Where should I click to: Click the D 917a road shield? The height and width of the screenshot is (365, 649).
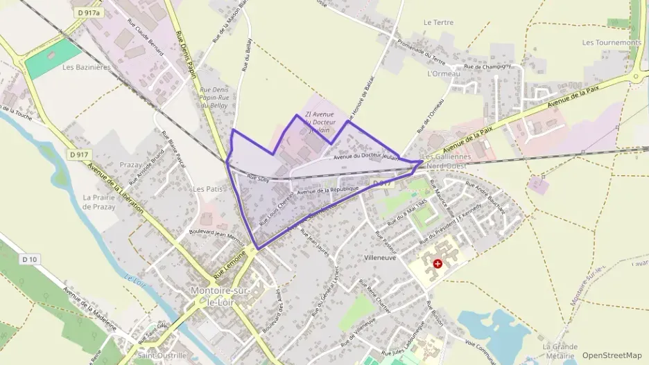(x=89, y=12)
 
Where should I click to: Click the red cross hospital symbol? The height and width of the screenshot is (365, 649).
(x=438, y=264)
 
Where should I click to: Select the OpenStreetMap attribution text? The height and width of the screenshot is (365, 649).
(x=612, y=355)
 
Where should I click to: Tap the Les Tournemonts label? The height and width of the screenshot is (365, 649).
(x=612, y=42)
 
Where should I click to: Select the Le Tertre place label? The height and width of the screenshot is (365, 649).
(x=438, y=22)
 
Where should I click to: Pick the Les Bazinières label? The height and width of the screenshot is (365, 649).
(x=87, y=67)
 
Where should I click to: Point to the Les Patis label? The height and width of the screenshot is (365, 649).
(x=207, y=188)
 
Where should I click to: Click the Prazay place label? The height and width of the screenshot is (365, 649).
(x=130, y=165)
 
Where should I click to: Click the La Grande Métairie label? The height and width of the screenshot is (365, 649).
(x=560, y=351)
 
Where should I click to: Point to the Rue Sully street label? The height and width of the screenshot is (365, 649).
(x=257, y=179)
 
